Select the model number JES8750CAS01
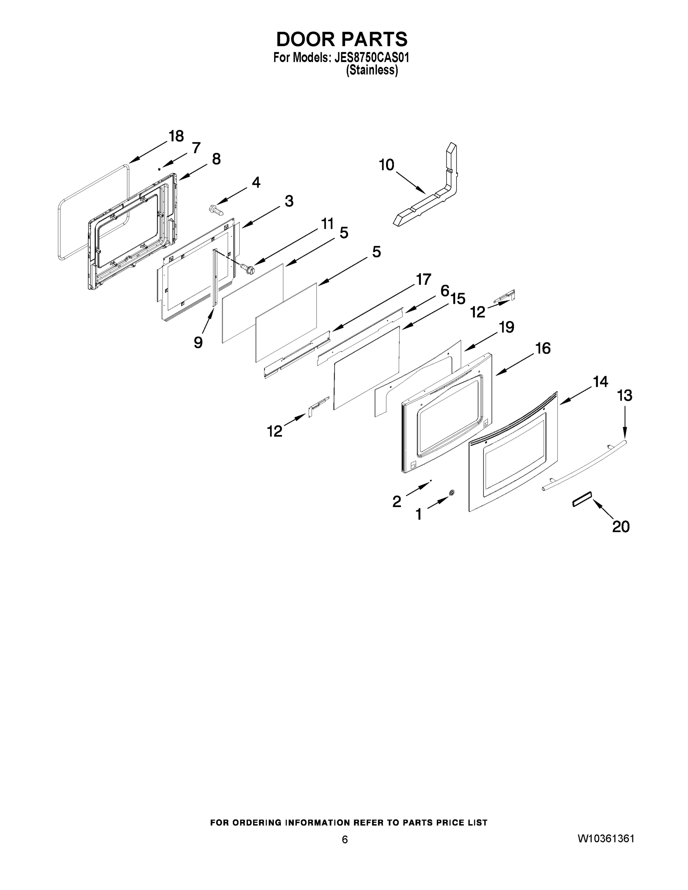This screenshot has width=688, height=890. pyautogui.click(x=371, y=57)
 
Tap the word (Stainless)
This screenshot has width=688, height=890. pyautogui.click(x=372, y=70)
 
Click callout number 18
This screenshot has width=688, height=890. pyautogui.click(x=176, y=136)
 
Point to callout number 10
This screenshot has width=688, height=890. pyautogui.click(x=386, y=165)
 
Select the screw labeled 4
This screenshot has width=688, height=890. pyautogui.click(x=216, y=210)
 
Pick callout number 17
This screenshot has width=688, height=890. pyautogui.click(x=423, y=280)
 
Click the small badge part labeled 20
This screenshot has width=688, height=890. pyautogui.click(x=582, y=498)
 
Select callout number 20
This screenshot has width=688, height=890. pyautogui.click(x=621, y=527)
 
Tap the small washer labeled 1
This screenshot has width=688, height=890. pyautogui.click(x=452, y=493)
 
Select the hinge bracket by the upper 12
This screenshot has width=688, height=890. pyautogui.click(x=506, y=296)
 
